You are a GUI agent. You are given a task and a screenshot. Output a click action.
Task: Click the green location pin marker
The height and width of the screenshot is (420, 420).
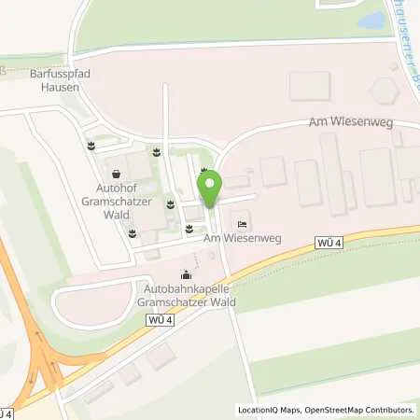pyautogui.click(x=210, y=188)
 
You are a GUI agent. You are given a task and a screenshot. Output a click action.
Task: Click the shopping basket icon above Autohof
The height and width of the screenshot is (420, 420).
pyautogui.click(x=116, y=173)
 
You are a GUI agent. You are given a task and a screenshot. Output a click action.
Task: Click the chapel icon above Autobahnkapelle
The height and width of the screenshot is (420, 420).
pyautogui.click(x=187, y=275)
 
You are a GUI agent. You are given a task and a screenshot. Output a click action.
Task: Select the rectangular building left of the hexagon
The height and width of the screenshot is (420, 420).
pyautogui.click(x=309, y=86)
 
